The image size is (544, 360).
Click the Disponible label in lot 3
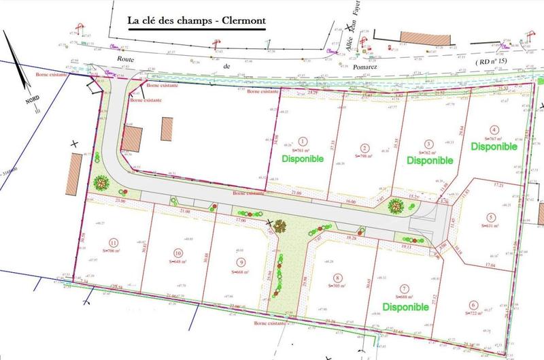tap(430, 161)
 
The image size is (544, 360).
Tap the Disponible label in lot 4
tap(494, 146)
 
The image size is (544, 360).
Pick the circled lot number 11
tap(114, 242)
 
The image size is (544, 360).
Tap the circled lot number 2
tap(365, 148)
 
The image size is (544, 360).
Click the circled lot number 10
tap(176, 251)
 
